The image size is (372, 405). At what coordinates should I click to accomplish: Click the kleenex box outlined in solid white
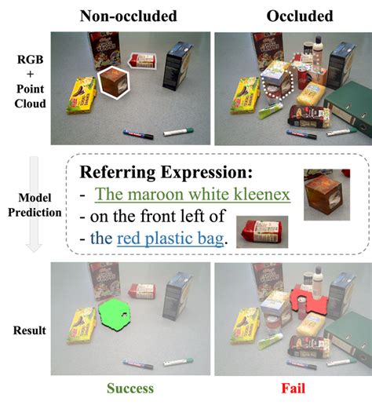[116, 83]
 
